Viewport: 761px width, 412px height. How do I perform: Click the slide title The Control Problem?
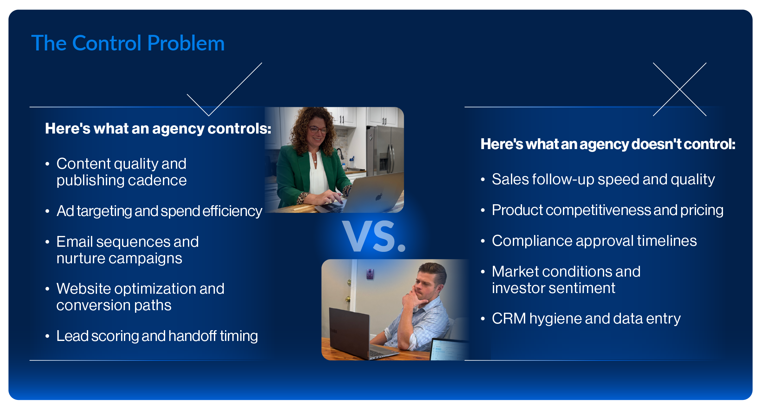pos(128,43)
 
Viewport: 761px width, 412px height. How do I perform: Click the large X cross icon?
pos(680,89)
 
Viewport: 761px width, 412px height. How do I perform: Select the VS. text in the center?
pos(374,237)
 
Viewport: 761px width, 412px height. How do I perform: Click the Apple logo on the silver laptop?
pos(379,197)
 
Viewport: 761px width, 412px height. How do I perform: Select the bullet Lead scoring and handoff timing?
pos(157,336)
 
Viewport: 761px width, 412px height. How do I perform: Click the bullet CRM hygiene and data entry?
pos(586,319)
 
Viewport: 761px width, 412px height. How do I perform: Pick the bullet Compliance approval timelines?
pos(594,241)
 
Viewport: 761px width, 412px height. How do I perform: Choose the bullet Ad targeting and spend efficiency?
pos(159,211)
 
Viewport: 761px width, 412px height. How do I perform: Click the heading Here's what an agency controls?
pos(158,128)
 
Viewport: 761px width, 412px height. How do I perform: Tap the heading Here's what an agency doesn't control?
pos(608,144)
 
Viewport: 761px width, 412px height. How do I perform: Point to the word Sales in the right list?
pos(510,180)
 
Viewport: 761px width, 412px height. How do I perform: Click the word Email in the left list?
pos(75,242)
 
